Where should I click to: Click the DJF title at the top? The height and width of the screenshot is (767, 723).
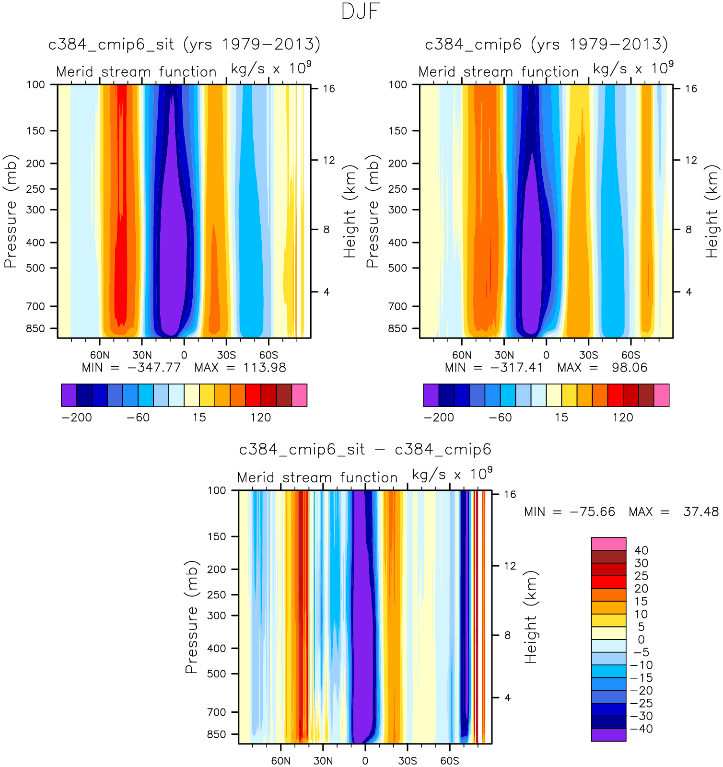pyautogui.click(x=361, y=12)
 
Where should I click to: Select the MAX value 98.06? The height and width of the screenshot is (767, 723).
pyautogui.click(x=629, y=368)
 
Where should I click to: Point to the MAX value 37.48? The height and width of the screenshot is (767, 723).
pyautogui.click(x=700, y=512)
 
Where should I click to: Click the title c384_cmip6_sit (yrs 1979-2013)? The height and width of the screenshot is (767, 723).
pyautogui.click(x=184, y=45)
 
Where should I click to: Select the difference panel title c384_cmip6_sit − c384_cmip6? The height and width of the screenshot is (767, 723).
pyautogui.click(x=365, y=450)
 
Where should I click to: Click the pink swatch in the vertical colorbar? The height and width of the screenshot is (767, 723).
pyautogui.click(x=608, y=544)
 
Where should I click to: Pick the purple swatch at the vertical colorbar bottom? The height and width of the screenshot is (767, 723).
pyautogui.click(x=608, y=735)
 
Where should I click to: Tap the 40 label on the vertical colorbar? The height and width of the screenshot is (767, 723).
pyautogui.click(x=641, y=551)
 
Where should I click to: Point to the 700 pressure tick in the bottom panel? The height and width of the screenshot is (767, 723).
pyautogui.click(x=216, y=712)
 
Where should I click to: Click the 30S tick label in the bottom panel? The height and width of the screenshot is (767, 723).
pyautogui.click(x=407, y=761)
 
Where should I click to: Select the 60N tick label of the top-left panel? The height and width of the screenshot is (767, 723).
pyautogui.click(x=100, y=355)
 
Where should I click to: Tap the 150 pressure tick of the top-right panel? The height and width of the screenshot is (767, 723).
pyautogui.click(x=397, y=131)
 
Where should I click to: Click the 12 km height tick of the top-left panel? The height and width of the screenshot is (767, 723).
pyautogui.click(x=328, y=160)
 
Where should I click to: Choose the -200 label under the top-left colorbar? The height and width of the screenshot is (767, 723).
pyautogui.click(x=77, y=418)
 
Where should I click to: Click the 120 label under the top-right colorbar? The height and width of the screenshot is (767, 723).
pyautogui.click(x=622, y=418)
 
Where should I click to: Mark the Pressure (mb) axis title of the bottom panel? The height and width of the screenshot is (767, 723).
pyautogui.click(x=191, y=616)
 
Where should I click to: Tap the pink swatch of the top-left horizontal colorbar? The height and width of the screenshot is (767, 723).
pyautogui.click(x=299, y=395)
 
